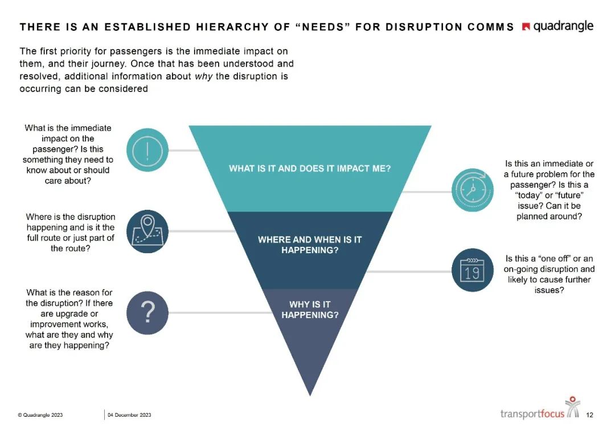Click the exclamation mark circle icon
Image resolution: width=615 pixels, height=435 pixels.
click(x=147, y=150)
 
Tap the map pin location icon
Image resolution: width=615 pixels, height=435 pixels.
click(x=147, y=231)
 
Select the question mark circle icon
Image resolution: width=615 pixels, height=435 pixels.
click(x=147, y=312)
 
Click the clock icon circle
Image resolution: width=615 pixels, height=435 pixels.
click(x=472, y=190)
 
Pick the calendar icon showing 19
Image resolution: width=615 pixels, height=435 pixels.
click(x=472, y=271)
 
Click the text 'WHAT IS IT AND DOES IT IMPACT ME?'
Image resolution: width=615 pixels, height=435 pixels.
click(x=310, y=169)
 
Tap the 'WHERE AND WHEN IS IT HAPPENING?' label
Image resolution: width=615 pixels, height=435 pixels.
click(x=310, y=245)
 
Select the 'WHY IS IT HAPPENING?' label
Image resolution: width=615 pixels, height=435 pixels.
click(x=310, y=309)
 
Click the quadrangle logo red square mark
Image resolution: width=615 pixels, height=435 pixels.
click(x=526, y=27)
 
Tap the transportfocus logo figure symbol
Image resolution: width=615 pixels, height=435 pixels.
click(x=572, y=406)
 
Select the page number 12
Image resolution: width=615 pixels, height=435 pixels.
click(x=589, y=415)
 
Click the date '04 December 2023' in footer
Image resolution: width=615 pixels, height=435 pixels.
click(x=129, y=415)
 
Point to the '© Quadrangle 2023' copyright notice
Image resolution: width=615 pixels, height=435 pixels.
click(x=40, y=415)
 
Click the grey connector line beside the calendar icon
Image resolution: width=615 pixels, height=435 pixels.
click(x=407, y=271)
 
